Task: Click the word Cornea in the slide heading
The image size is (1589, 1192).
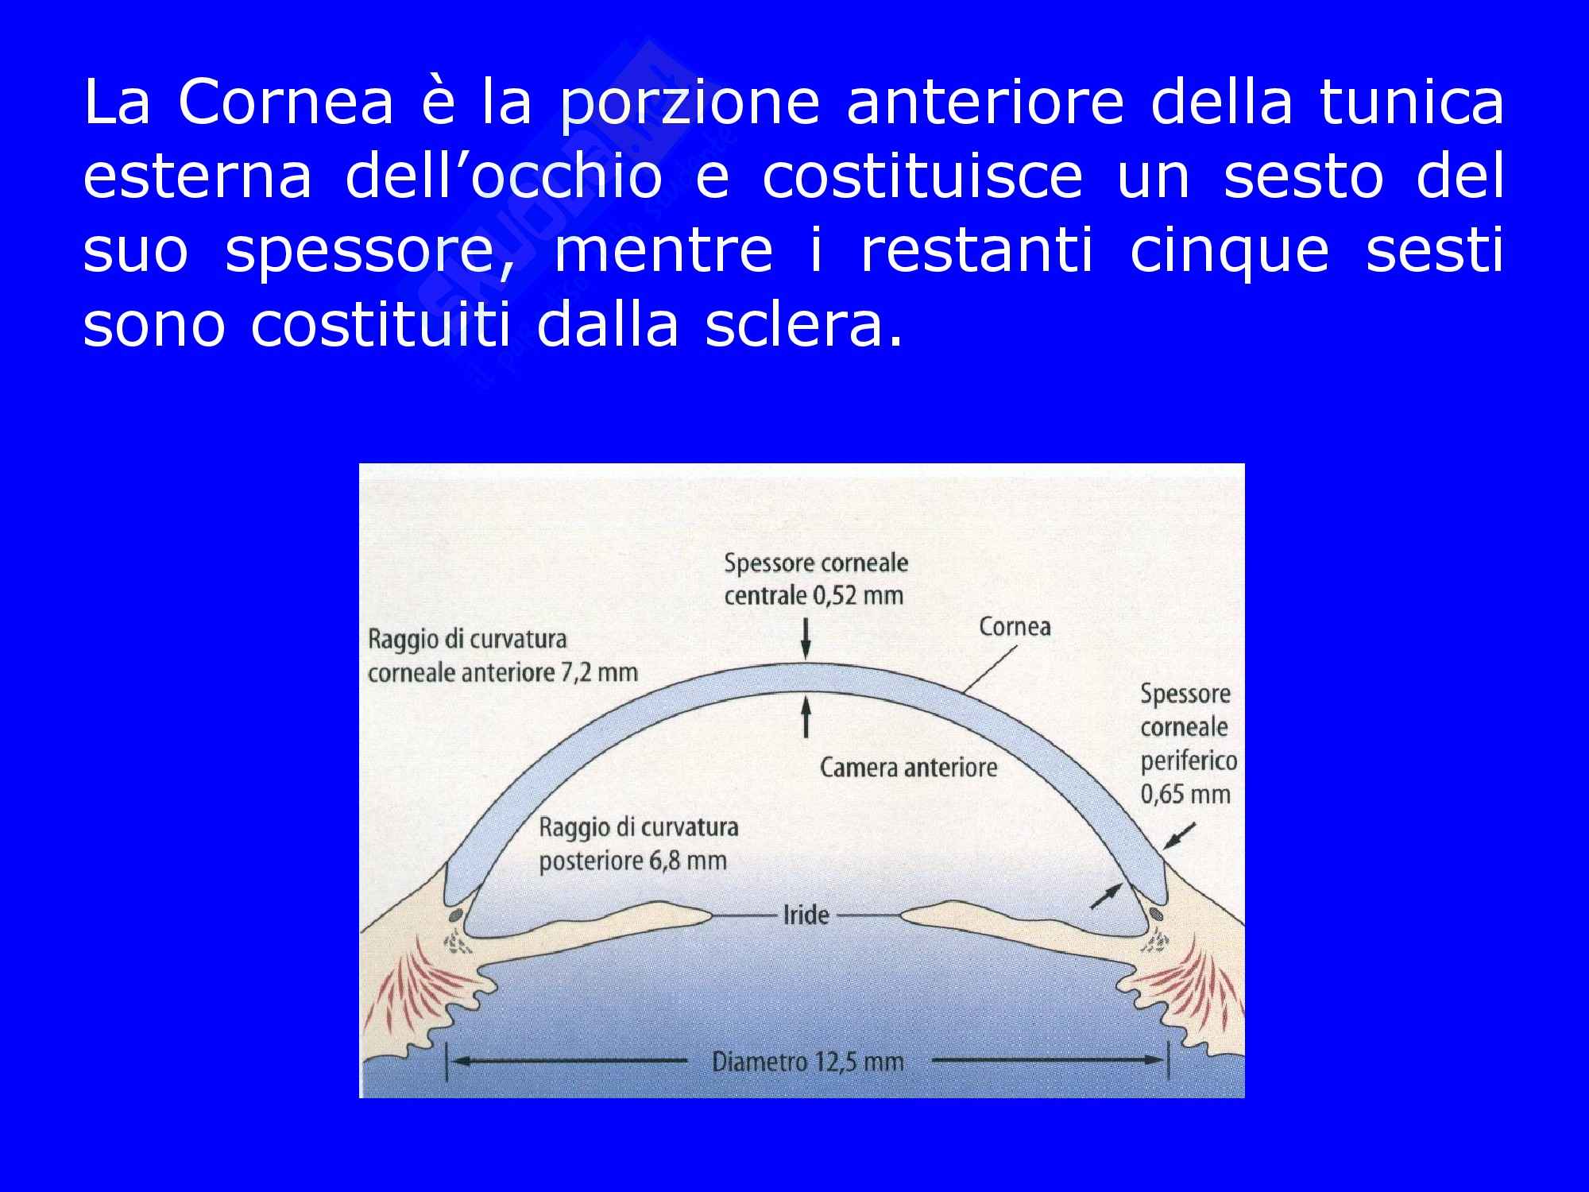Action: (x=286, y=103)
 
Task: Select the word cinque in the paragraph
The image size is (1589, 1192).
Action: (x=1228, y=251)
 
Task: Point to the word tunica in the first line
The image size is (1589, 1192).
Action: (x=1412, y=103)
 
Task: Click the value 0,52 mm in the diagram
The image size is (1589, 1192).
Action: (x=859, y=595)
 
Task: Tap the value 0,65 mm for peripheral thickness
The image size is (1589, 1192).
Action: (x=1185, y=794)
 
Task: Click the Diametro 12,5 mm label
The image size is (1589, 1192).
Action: (x=807, y=1062)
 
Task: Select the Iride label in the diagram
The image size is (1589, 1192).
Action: (x=806, y=915)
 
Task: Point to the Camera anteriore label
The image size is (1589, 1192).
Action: (x=908, y=768)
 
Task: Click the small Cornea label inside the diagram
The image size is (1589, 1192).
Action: (x=1015, y=627)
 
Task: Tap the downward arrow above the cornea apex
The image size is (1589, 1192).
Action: (x=806, y=641)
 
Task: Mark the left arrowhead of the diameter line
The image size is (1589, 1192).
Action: (x=456, y=1060)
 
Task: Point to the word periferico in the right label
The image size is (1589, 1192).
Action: (x=1189, y=761)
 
